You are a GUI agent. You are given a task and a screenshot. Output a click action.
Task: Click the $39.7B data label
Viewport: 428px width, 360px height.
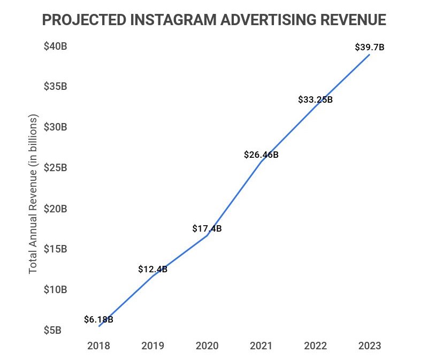click(x=370, y=48)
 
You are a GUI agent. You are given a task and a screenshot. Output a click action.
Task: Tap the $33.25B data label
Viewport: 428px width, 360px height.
click(x=316, y=99)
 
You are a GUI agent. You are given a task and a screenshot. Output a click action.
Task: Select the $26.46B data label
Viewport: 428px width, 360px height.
click(x=261, y=155)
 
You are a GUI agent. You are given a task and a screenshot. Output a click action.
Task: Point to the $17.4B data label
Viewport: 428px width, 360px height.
click(x=207, y=228)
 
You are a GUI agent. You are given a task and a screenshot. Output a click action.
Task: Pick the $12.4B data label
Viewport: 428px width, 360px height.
click(x=153, y=269)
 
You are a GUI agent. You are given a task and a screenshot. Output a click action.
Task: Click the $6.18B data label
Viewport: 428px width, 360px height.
click(x=98, y=320)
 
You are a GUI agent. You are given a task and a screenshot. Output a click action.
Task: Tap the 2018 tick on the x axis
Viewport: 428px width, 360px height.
click(x=99, y=346)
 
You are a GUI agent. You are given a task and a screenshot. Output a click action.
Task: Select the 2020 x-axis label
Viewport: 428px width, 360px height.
click(x=207, y=346)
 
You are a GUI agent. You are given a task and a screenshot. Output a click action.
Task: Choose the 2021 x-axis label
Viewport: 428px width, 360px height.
click(x=261, y=346)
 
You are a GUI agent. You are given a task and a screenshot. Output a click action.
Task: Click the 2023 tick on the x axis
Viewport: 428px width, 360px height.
click(x=370, y=346)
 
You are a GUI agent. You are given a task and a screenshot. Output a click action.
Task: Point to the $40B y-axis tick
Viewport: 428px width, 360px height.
click(x=55, y=47)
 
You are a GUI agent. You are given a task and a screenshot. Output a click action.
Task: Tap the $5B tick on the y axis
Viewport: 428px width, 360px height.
click(x=52, y=330)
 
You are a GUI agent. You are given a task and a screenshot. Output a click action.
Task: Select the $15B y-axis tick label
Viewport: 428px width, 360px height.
click(x=55, y=249)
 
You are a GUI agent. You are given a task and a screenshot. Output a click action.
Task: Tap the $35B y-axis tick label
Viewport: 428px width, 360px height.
click(x=55, y=87)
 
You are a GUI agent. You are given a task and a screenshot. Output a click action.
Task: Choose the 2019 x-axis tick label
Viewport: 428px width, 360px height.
click(x=153, y=346)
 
